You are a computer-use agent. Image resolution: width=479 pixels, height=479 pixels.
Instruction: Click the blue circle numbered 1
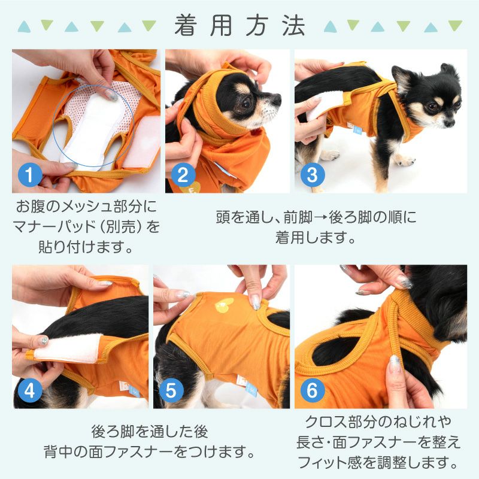click(x=31, y=174)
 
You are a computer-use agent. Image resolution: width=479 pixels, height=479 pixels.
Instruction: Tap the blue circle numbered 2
click(x=184, y=174)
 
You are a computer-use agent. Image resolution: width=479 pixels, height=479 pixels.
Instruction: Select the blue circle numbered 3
click(x=313, y=174)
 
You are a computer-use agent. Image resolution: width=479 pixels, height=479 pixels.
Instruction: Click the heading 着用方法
click(x=239, y=26)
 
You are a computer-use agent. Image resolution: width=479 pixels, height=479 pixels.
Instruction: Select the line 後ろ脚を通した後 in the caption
click(x=150, y=430)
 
